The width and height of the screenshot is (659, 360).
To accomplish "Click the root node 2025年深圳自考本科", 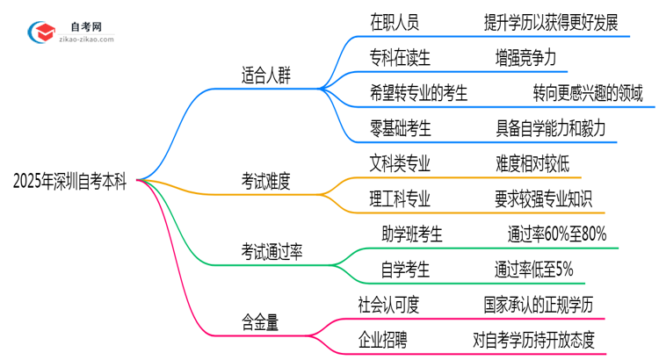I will pyautogui.click(x=69, y=181).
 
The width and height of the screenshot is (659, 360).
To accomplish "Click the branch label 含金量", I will pyautogui.click(x=260, y=322).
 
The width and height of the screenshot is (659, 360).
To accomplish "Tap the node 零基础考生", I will pyautogui.click(x=401, y=127).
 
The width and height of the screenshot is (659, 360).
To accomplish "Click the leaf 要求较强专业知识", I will pyautogui.click(x=545, y=198).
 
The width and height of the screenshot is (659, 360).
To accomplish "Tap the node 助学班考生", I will pyautogui.click(x=412, y=234).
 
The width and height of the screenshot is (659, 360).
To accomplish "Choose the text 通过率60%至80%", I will pyautogui.click(x=556, y=234).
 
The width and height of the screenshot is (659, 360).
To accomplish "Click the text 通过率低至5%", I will pyautogui.click(x=533, y=270).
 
